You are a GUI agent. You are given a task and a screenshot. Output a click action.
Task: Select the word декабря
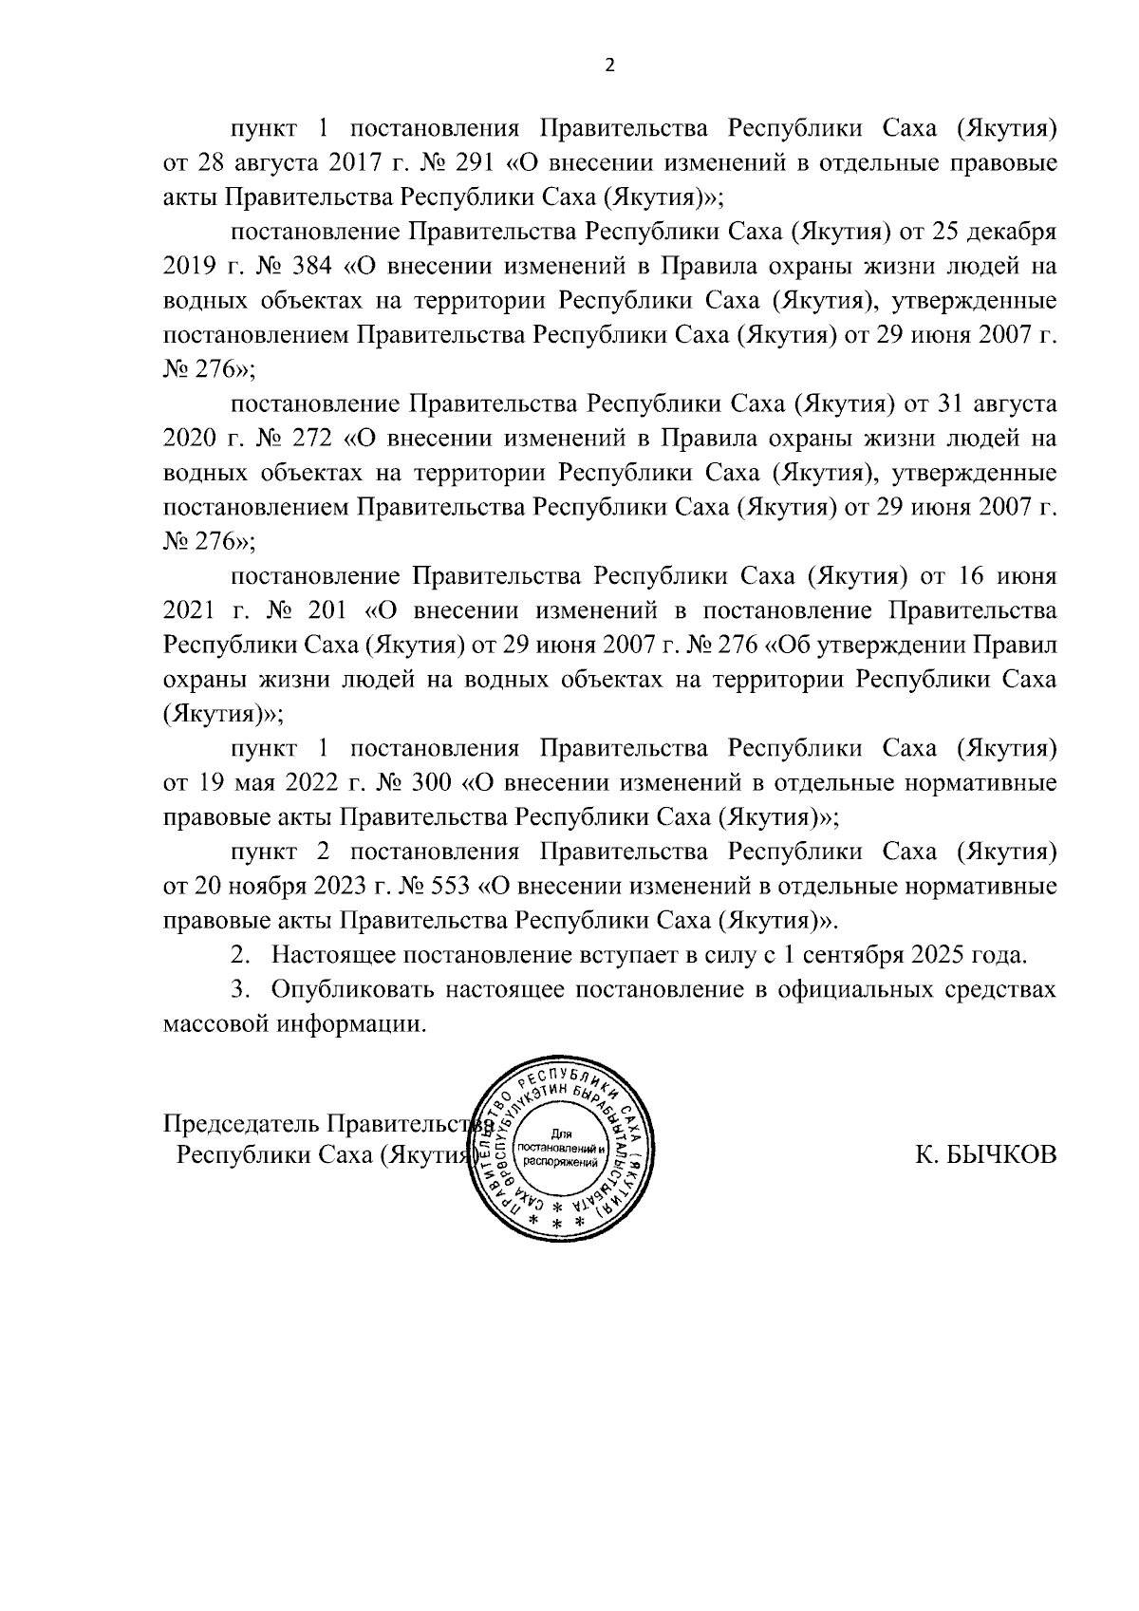(1007, 232)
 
